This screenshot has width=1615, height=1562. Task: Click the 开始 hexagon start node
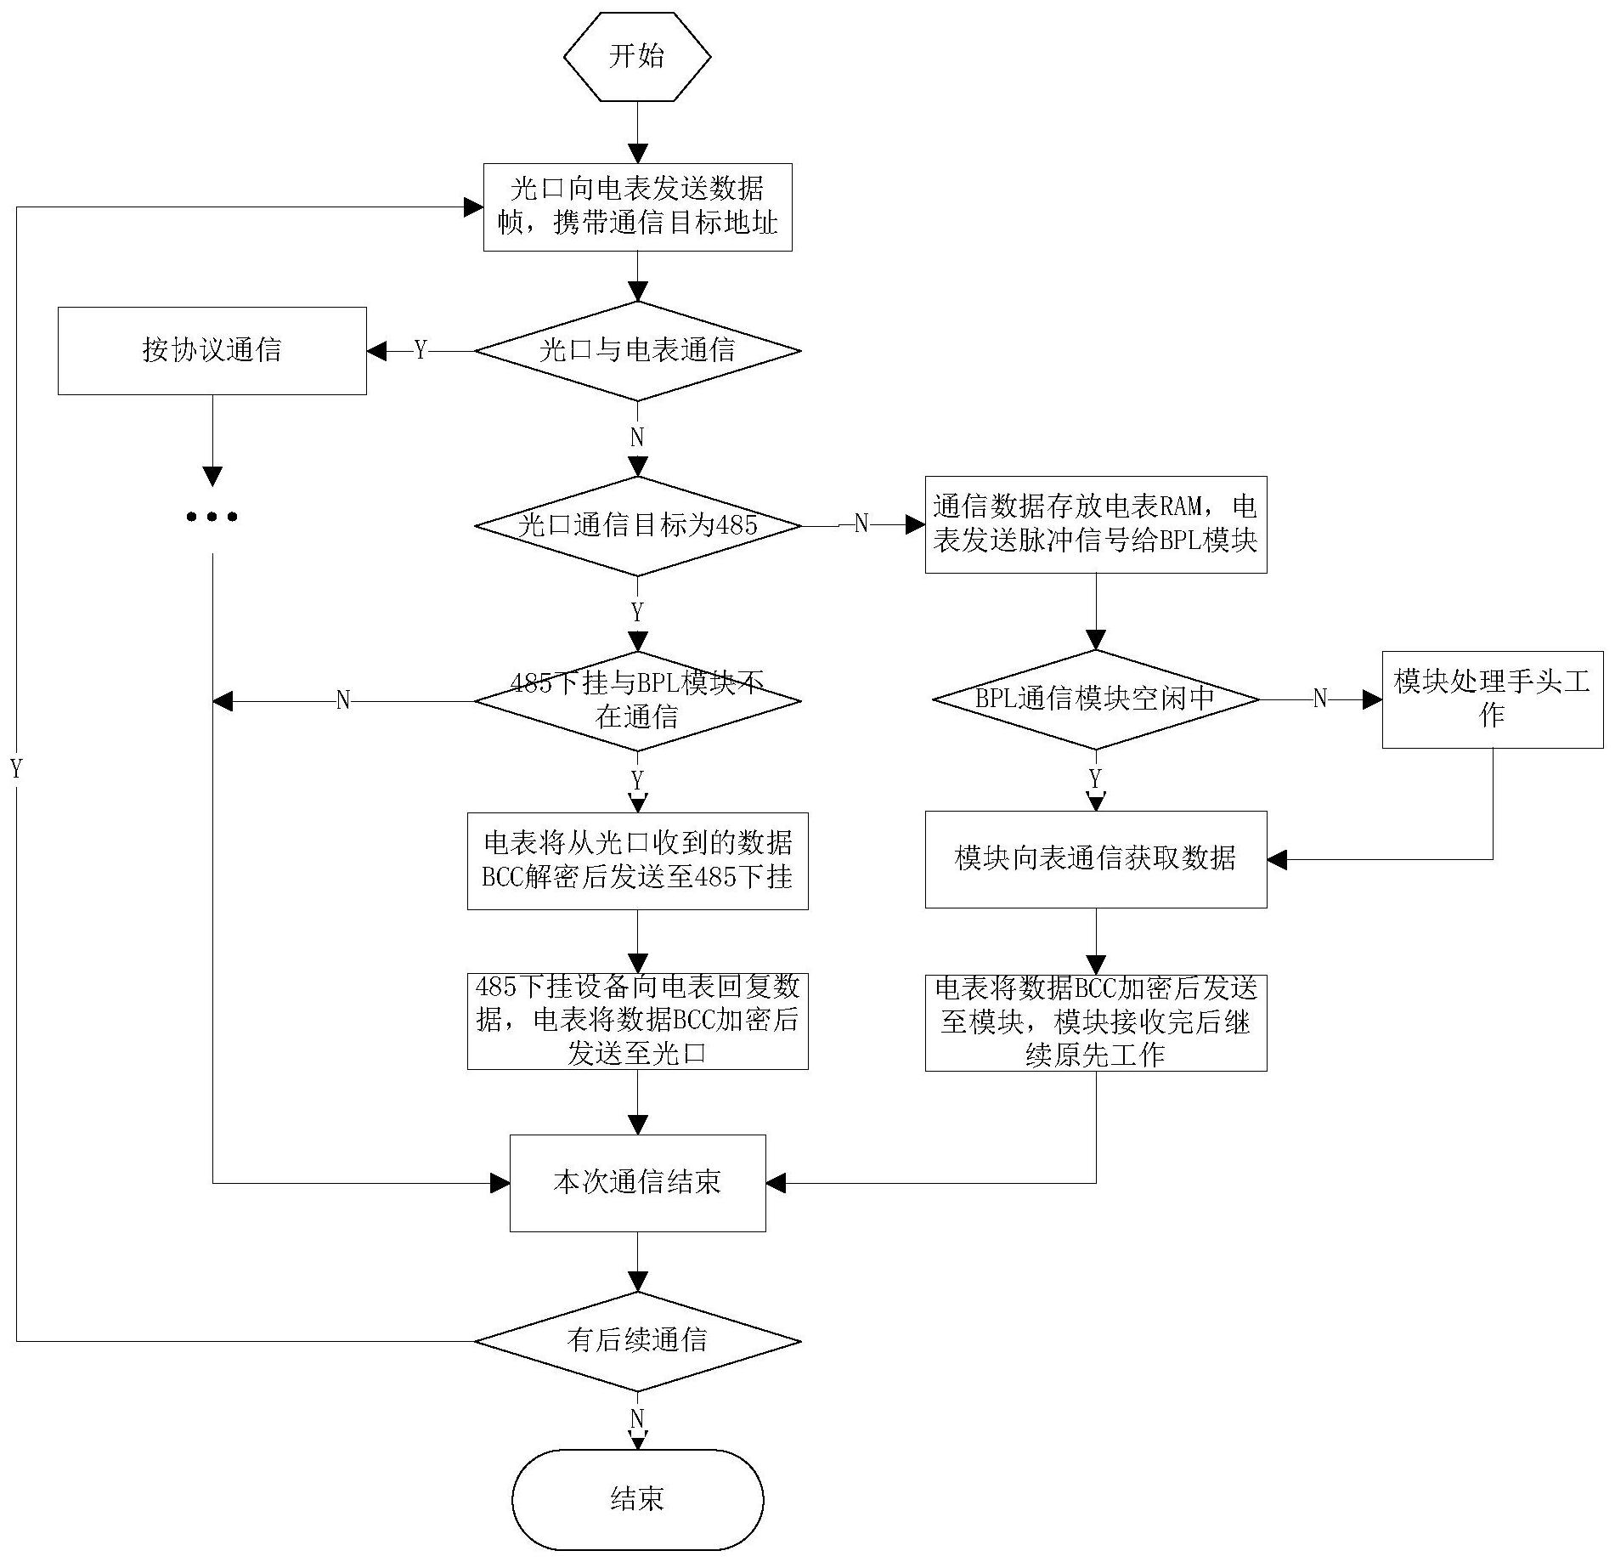(x=637, y=57)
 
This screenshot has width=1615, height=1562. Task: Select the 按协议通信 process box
(x=212, y=351)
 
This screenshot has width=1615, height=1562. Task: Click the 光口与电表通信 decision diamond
(x=637, y=351)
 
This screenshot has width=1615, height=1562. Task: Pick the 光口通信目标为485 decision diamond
(x=637, y=525)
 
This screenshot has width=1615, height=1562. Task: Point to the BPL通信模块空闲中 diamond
(x=1095, y=699)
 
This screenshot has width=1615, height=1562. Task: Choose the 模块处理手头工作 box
(x=1492, y=699)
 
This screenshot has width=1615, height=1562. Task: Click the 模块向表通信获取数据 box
(x=1095, y=859)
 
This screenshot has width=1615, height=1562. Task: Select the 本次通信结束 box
(x=637, y=1182)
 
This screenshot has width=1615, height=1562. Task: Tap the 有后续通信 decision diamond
(x=637, y=1341)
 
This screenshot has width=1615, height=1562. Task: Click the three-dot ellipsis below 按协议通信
(x=212, y=516)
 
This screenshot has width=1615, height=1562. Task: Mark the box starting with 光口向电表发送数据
(x=637, y=207)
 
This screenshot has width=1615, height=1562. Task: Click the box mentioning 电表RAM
(x=1095, y=524)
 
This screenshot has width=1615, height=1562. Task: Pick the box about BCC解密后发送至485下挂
(x=637, y=861)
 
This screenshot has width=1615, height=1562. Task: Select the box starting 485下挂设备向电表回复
(x=637, y=1021)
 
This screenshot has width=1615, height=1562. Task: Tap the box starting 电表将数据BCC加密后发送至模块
(x=1095, y=1022)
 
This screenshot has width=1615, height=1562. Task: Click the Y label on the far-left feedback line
(x=16, y=769)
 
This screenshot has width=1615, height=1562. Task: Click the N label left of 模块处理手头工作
(x=1319, y=699)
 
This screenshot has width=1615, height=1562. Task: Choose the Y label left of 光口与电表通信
(x=421, y=350)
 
